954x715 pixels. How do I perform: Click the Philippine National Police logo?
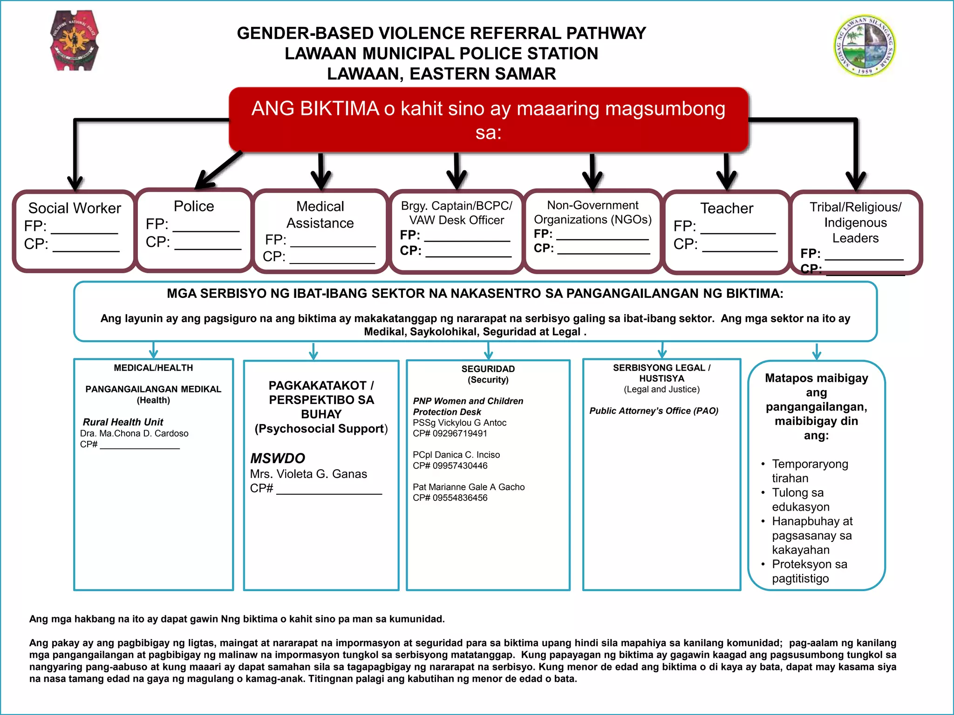coord(74,41)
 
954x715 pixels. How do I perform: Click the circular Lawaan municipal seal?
coord(865,46)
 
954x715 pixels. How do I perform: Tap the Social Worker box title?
coord(75,208)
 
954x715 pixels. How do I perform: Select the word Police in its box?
coord(194,206)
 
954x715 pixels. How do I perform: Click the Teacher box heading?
coord(727,208)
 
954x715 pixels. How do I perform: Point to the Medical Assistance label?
coord(320,215)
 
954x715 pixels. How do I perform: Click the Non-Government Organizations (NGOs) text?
coord(593,212)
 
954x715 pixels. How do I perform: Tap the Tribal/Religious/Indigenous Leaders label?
coord(855,223)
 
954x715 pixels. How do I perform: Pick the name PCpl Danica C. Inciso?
coord(456,455)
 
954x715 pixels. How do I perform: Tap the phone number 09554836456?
coord(460,498)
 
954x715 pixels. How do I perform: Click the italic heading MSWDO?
coord(278,459)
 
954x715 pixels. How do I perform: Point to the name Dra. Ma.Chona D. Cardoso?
coord(134,433)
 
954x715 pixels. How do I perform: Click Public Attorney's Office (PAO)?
coord(654,411)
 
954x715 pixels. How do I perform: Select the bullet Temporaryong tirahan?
coord(810,471)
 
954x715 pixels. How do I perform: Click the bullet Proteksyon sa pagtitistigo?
coord(809,571)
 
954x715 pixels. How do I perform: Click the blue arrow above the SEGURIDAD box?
coord(488,351)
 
